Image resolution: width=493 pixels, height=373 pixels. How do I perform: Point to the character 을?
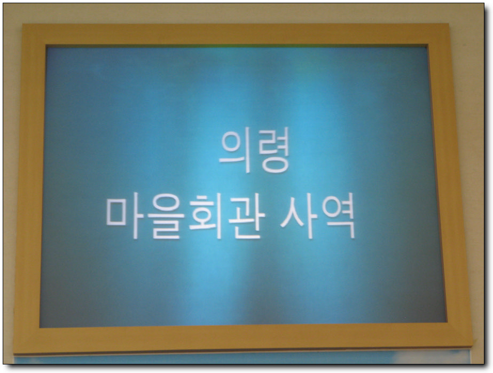[x=166, y=216]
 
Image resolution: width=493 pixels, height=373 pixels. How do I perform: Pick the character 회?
[x=206, y=216]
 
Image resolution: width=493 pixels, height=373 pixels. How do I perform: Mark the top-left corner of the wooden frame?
[x=22, y=25]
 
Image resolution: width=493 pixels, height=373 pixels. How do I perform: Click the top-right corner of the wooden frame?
[x=449, y=24]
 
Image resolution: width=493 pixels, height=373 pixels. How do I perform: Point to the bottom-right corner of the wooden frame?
[x=472, y=344]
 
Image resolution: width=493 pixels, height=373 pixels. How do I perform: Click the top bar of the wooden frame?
[x=236, y=34]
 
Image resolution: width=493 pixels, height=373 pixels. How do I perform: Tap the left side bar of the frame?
[x=30, y=189]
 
